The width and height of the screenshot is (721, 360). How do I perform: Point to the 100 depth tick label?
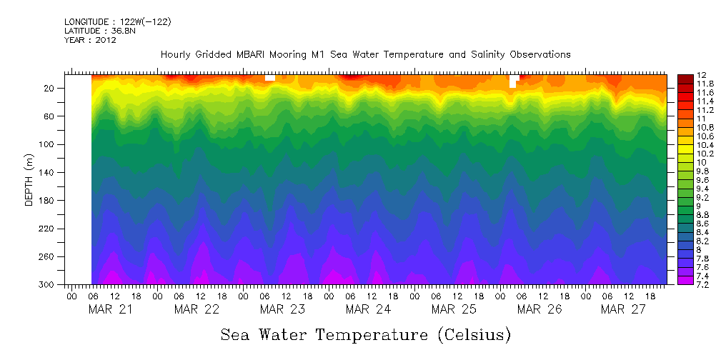pos(49,144)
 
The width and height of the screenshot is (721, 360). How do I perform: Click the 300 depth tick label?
pos(49,284)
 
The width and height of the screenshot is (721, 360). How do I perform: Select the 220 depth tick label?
pos(49,229)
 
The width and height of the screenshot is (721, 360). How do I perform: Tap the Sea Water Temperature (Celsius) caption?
pos(367,335)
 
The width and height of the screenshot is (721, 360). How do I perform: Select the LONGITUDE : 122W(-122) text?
pos(117,22)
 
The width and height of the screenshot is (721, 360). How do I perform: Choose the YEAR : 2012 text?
pos(90,40)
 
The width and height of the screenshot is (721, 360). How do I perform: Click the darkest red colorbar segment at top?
pos(684,77)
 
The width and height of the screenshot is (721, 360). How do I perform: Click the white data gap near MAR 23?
pos(270,77)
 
